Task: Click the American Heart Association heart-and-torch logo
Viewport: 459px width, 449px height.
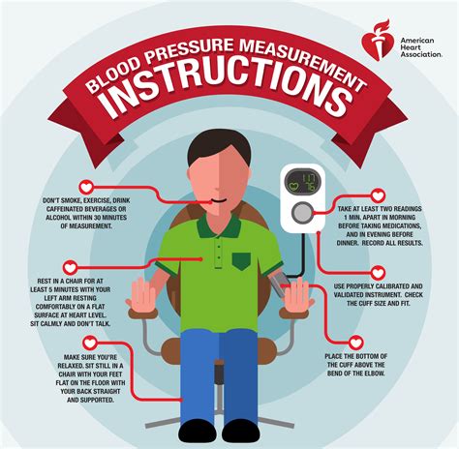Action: point(378,42)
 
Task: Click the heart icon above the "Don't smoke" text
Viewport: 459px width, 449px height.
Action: point(86,187)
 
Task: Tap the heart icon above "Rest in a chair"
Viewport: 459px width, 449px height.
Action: point(70,267)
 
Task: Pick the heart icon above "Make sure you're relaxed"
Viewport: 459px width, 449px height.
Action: point(90,343)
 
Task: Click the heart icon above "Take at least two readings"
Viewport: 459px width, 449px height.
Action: point(378,195)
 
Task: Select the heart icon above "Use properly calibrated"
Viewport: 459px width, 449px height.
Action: point(378,273)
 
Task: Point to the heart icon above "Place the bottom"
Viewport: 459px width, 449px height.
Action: point(355,343)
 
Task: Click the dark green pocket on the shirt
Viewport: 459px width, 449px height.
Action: point(241,261)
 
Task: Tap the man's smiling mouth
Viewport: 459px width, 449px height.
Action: point(218,200)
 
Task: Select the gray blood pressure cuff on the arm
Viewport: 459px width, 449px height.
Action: point(278,284)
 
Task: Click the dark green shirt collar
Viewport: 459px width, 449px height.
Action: point(219,224)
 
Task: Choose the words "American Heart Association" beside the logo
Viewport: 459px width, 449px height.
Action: point(421,47)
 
